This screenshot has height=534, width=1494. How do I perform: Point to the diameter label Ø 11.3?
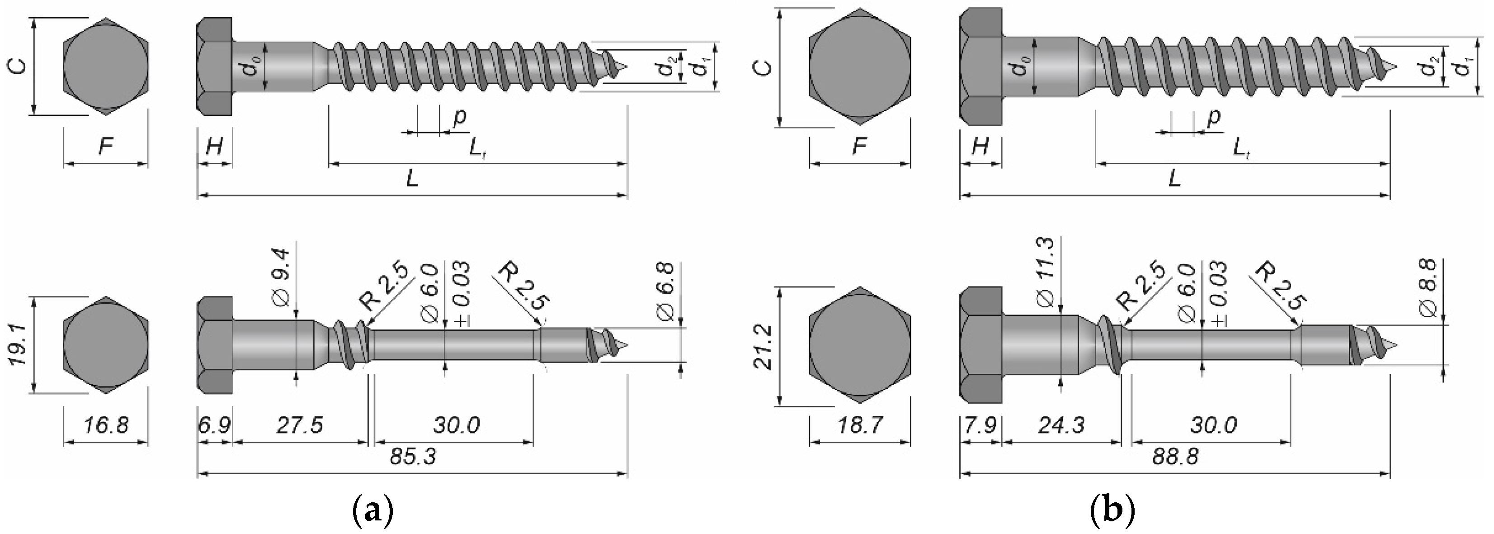[1045, 272]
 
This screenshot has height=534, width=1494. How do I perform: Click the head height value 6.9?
[214, 426]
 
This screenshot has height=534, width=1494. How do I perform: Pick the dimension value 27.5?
[299, 426]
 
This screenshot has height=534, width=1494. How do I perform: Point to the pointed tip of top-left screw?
[626, 66]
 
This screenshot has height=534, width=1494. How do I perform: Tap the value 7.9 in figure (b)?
[980, 426]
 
